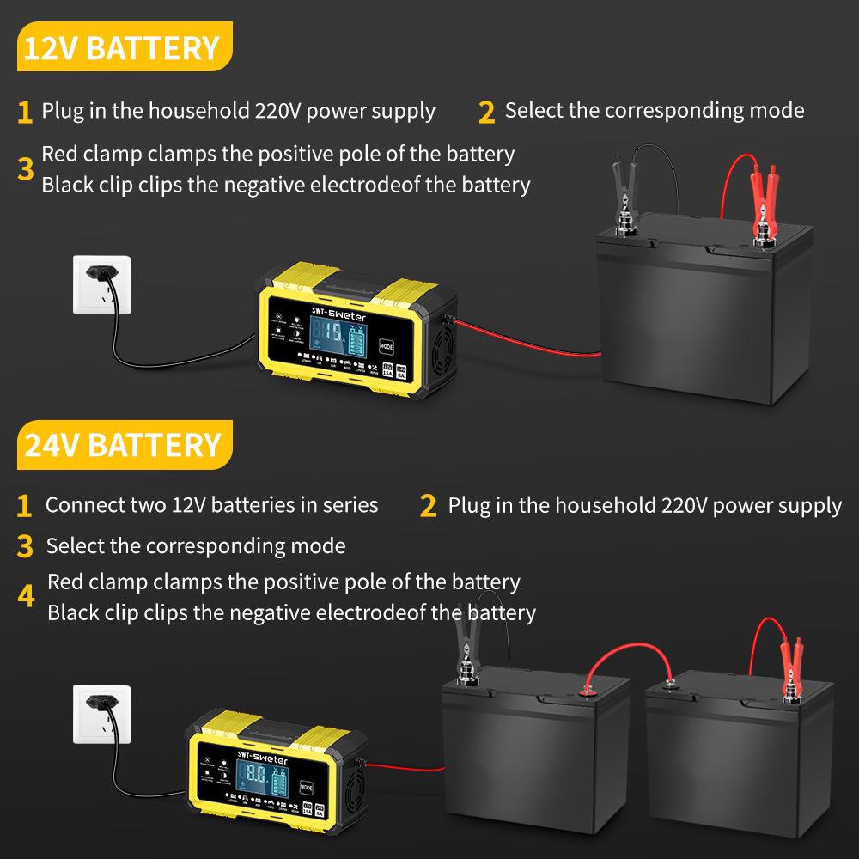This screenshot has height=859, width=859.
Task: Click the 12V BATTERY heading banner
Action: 121,47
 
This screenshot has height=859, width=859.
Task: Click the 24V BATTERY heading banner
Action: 121,445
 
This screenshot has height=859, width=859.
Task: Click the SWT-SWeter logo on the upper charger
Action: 338,306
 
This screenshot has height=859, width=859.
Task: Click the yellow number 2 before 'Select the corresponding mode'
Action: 487,112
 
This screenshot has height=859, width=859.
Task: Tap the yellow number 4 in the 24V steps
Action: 27,597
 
